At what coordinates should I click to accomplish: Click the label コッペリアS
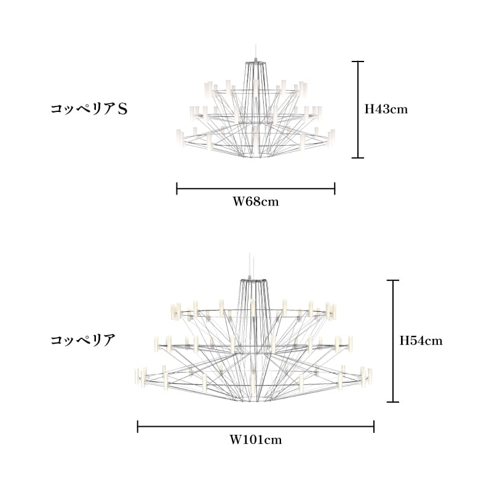(x=89, y=109)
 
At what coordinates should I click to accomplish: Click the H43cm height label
(x=386, y=109)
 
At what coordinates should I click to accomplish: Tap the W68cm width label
(x=255, y=202)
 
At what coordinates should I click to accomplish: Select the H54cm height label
(x=421, y=341)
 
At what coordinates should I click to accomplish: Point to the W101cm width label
(x=256, y=440)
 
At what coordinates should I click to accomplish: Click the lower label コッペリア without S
(x=83, y=340)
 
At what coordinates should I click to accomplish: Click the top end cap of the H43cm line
(x=358, y=61)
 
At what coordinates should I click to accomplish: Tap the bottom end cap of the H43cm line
(x=358, y=157)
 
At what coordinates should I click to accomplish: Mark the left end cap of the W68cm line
(x=177, y=188)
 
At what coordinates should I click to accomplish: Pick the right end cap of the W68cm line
(x=335, y=188)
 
